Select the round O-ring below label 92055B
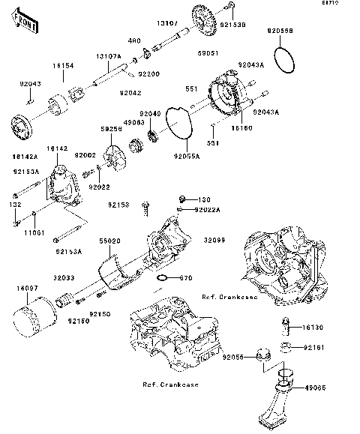tap(283, 59)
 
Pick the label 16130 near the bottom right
tap(313, 328)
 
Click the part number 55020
tap(110, 240)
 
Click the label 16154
tap(61, 67)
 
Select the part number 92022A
tap(207, 211)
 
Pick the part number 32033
tap(62, 277)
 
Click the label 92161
tap(313, 349)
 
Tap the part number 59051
tap(207, 53)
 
